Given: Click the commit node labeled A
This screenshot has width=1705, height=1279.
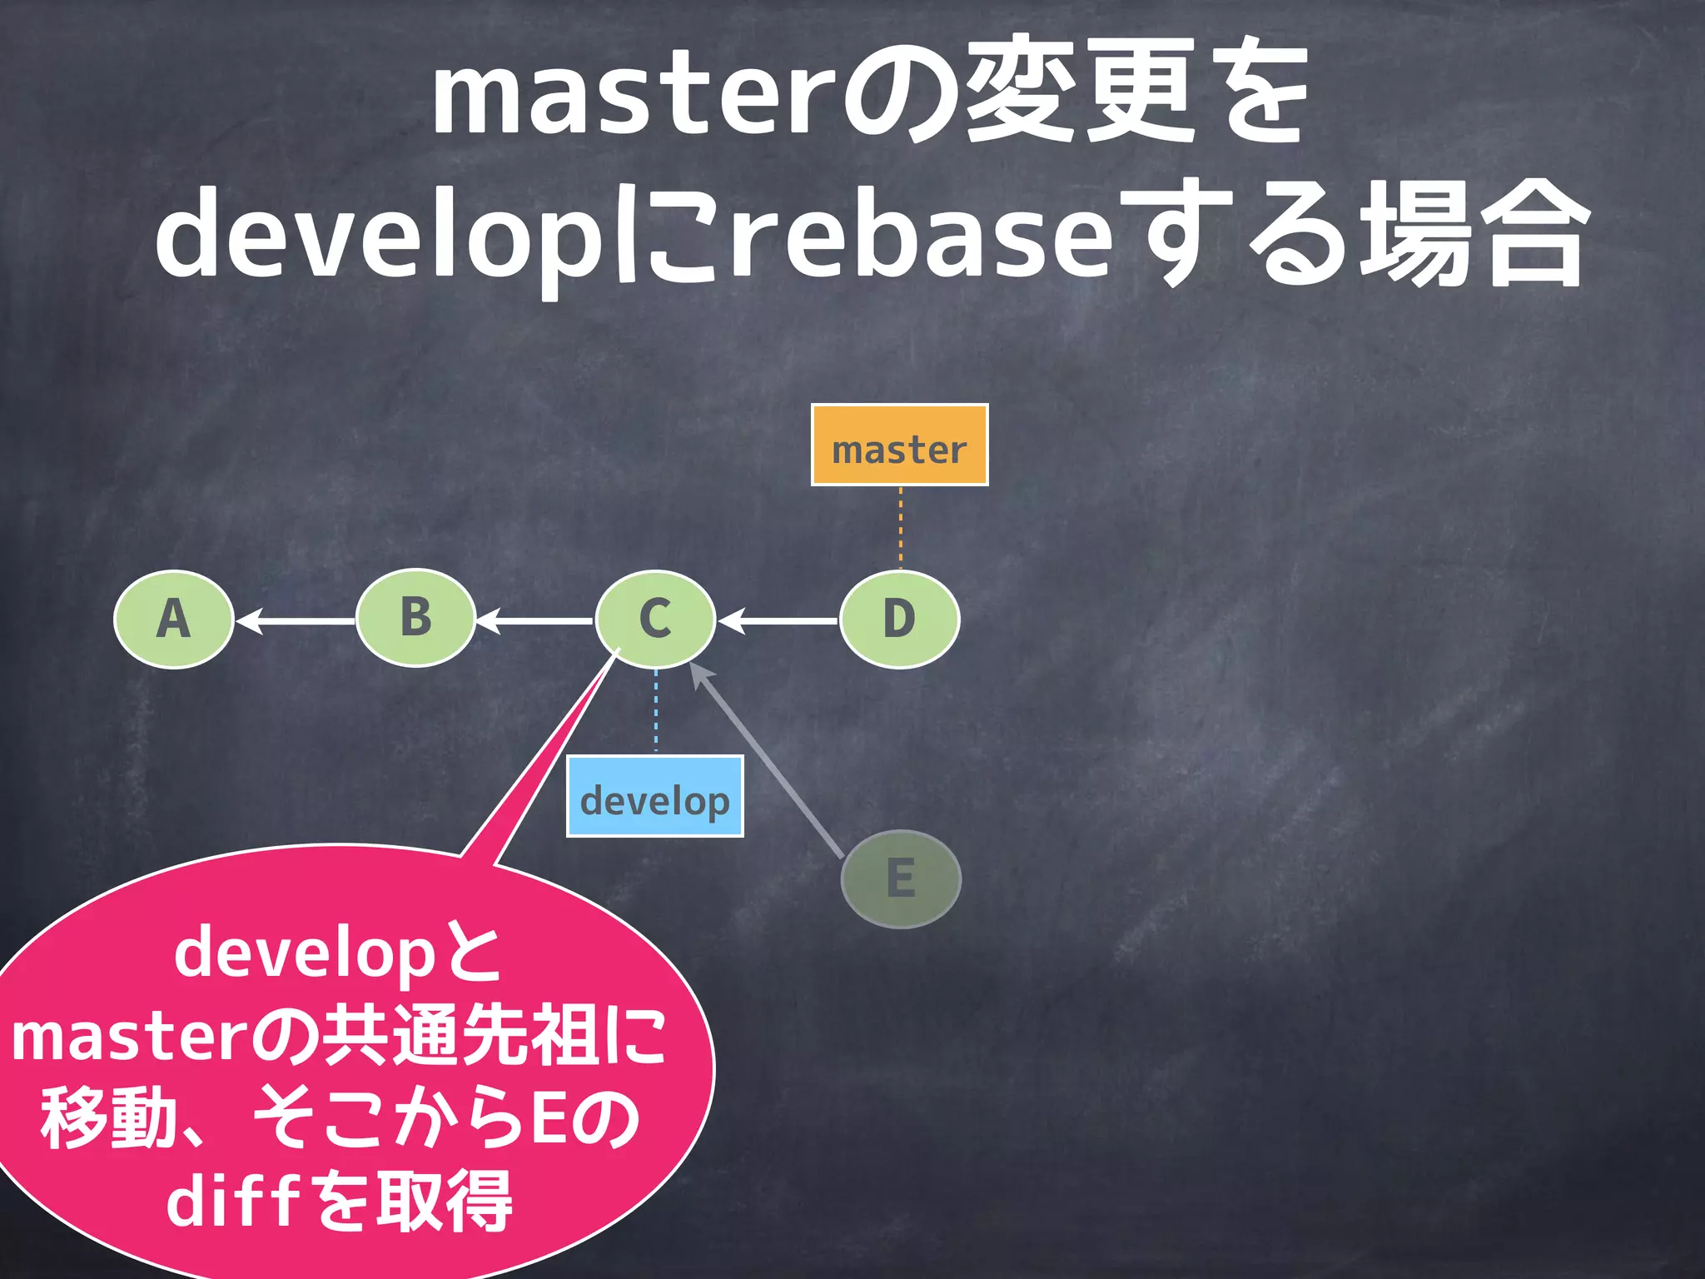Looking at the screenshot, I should pos(173,619).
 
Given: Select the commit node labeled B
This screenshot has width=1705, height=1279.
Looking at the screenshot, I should pos(415,618).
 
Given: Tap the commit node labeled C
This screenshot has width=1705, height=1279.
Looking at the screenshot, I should pos(655,619).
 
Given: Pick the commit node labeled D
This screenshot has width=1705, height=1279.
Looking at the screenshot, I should pos(899,619).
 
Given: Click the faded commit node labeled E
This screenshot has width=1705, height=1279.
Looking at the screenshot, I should pos(901,878).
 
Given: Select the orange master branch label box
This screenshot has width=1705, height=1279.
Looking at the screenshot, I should pos(899,445).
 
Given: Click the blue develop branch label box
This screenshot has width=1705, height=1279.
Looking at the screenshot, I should pos(655,796).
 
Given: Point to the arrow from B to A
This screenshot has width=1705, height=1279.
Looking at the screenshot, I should pos(296,621).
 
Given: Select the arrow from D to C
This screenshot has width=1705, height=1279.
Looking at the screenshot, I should pos(778,621).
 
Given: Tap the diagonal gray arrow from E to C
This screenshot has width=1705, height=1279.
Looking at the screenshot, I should pos(770,762).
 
